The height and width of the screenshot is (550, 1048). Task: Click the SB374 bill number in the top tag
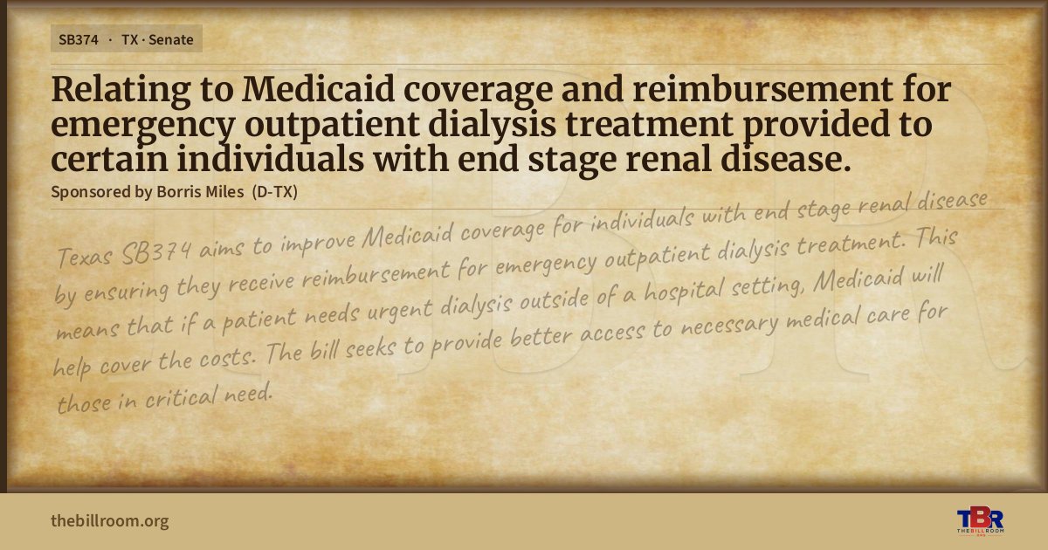[78, 40]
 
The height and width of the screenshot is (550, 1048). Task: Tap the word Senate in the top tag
[171, 40]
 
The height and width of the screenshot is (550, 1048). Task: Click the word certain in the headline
[109, 159]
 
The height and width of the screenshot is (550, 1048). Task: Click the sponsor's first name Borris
[177, 192]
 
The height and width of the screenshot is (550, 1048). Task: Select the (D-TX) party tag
[274, 192]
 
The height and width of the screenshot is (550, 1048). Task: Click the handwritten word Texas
[85, 257]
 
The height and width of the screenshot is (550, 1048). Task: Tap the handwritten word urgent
[401, 310]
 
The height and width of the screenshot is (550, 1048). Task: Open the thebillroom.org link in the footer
[110, 520]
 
